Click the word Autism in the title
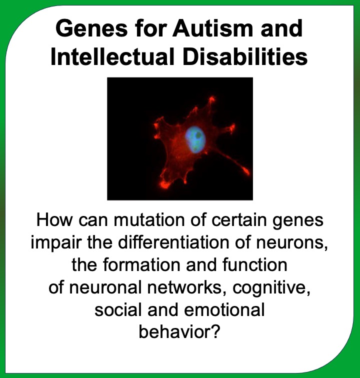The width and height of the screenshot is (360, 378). pyautogui.click(x=212, y=28)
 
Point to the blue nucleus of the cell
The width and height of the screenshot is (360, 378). pyautogui.click(x=195, y=139)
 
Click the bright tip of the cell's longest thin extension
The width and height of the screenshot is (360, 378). pyautogui.click(x=246, y=171)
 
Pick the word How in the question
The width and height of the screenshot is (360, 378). pyautogui.click(x=54, y=219)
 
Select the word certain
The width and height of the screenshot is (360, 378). pyautogui.click(x=239, y=219)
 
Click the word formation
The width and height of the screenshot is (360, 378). pyautogui.click(x=142, y=264)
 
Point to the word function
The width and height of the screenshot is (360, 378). pyautogui.click(x=255, y=264)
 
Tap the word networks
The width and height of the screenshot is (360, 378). pyautogui.click(x=184, y=287)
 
